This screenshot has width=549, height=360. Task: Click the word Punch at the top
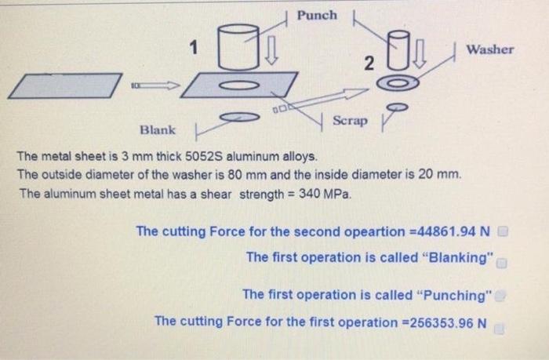click(x=317, y=16)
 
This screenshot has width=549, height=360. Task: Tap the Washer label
click(x=490, y=49)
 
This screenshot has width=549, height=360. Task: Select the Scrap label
click(x=350, y=121)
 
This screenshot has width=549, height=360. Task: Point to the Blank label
click(x=158, y=130)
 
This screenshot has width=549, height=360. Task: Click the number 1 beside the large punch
click(x=194, y=47)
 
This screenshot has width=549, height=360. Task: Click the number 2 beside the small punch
click(x=369, y=64)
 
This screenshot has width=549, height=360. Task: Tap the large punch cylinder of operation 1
click(x=238, y=47)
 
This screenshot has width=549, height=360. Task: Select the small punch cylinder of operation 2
click(x=398, y=49)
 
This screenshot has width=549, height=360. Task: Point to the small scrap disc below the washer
click(x=398, y=107)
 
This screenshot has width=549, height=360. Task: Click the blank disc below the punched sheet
click(x=240, y=117)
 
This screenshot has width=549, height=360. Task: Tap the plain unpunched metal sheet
click(x=65, y=85)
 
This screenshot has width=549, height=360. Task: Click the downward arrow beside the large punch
click(x=271, y=50)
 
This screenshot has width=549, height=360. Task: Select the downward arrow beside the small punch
click(x=420, y=53)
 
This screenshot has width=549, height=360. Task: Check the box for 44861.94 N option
click(x=503, y=231)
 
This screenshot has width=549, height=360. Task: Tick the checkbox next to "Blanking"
click(x=502, y=263)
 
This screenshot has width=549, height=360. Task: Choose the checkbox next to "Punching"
click(x=501, y=296)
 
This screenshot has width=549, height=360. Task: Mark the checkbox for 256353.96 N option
click(x=499, y=329)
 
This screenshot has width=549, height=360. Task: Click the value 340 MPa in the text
click(x=324, y=194)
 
